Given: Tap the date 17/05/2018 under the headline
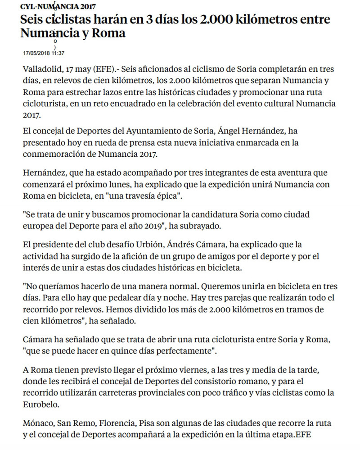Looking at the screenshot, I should (36, 53).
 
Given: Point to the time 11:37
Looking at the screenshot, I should (58, 53).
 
